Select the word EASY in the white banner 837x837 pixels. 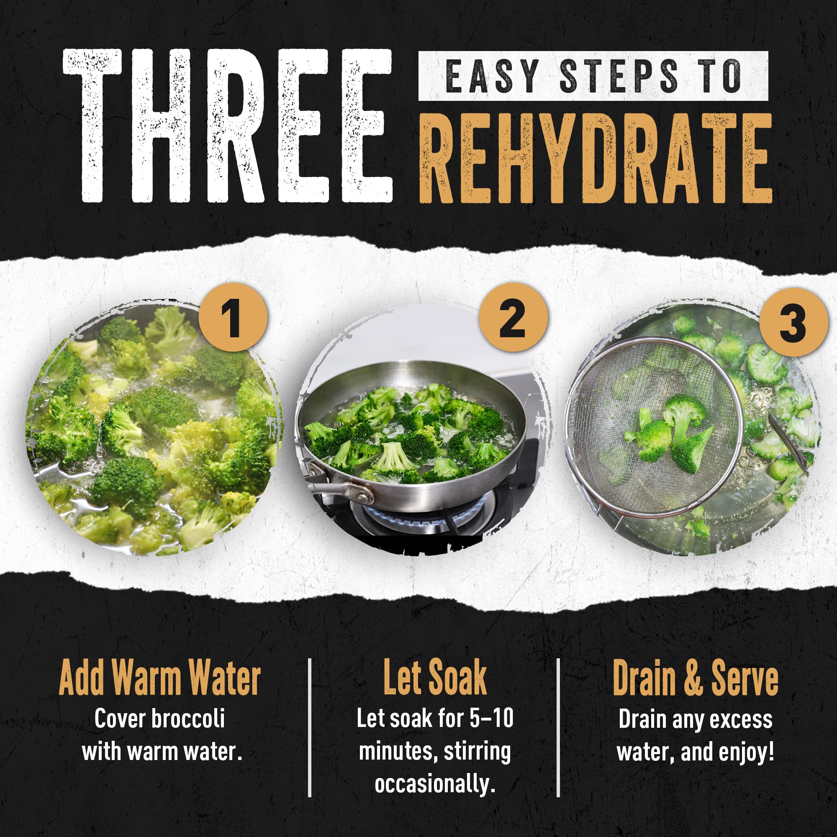(492, 76)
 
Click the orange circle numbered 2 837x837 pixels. (513, 318)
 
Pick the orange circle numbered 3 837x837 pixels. (793, 323)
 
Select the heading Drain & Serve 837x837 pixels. (695, 679)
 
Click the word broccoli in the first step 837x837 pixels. (187, 719)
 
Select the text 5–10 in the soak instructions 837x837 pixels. (491, 718)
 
